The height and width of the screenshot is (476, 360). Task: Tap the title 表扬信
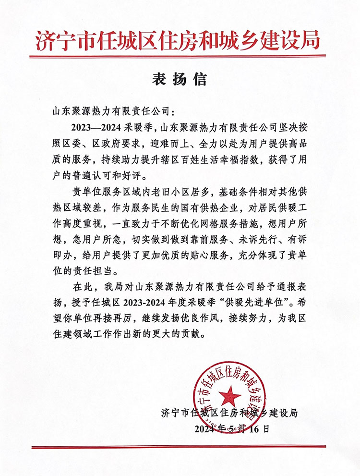pyautogui.click(x=180, y=79)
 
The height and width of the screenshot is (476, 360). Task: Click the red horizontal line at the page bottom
pyautogui.click(x=180, y=448)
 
